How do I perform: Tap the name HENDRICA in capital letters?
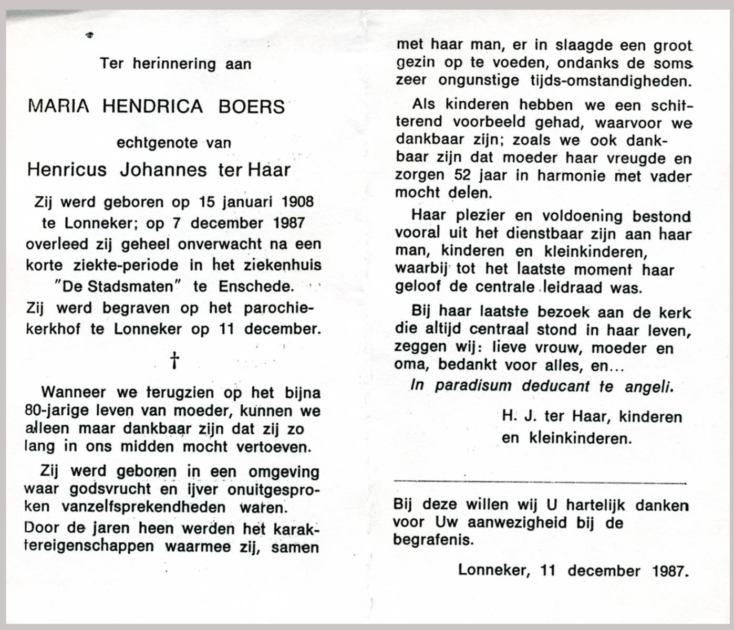[152, 107]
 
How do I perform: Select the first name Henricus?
[67, 170]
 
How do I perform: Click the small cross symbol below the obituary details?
[174, 361]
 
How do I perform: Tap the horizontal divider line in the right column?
[540, 482]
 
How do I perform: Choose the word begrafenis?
[433, 540]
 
